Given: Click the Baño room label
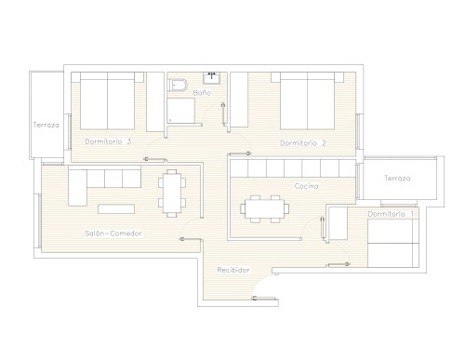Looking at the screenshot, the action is (202, 93).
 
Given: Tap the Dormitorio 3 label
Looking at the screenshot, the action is (108, 141).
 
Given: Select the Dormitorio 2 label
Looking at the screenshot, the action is (303, 143).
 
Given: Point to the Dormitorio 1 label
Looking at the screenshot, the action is (391, 214).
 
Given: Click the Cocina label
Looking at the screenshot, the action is (306, 186).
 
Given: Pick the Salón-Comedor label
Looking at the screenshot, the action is (113, 233).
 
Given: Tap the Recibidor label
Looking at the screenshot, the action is (233, 270).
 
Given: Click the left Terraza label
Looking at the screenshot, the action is (46, 125).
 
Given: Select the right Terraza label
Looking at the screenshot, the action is (397, 178).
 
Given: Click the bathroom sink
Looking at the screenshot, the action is (211, 78).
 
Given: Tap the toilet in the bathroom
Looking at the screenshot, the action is (178, 86).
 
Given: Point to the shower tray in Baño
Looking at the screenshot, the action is (181, 111).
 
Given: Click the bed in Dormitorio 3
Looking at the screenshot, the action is (107, 100).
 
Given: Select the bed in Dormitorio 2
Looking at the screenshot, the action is (307, 100).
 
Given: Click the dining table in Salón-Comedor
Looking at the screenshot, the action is (172, 193).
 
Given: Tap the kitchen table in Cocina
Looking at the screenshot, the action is (265, 208).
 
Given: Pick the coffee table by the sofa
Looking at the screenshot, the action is (116, 209).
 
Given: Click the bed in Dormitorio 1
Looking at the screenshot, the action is (393, 243).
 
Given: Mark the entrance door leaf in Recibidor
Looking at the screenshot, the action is (264, 299).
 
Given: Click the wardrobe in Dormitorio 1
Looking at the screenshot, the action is (338, 223).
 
